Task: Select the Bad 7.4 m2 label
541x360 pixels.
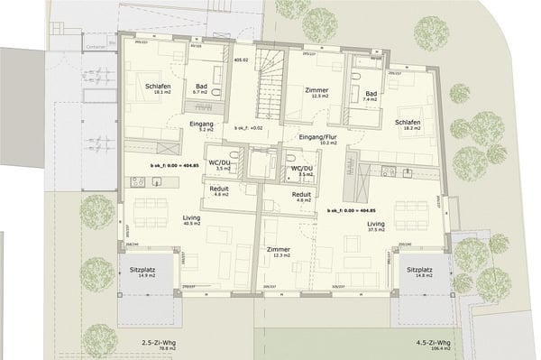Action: coord(371,97)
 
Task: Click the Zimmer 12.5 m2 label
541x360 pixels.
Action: coord(316,93)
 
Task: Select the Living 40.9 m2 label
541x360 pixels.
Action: coord(164,222)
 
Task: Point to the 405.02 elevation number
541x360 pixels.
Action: coord(240,61)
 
